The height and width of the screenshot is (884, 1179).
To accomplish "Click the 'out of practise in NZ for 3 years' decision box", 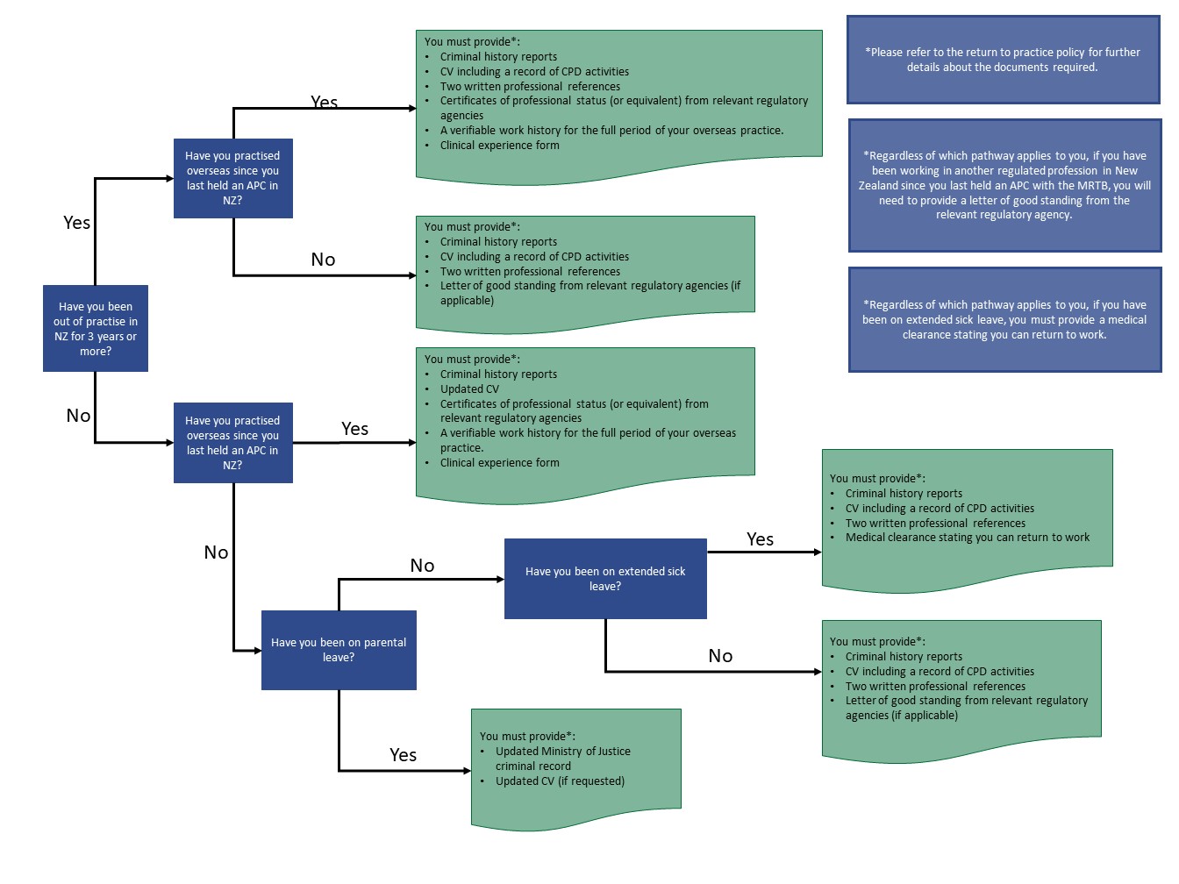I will pyautogui.click(x=96, y=329).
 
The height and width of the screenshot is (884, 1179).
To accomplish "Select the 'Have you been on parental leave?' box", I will pyautogui.click(x=339, y=650).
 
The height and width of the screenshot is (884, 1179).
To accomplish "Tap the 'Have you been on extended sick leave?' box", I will pyautogui.click(x=605, y=579).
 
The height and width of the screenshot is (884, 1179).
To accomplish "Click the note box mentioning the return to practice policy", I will pyautogui.click(x=1003, y=60).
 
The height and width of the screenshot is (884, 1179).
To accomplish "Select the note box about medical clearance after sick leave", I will pyautogui.click(x=1004, y=320).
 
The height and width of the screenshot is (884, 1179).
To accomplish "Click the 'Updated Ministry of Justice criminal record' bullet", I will pyautogui.click(x=562, y=759).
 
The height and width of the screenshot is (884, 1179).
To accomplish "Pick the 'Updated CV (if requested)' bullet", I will pyautogui.click(x=560, y=781).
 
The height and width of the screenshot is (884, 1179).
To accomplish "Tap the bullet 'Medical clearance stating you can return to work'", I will pyautogui.click(x=967, y=538).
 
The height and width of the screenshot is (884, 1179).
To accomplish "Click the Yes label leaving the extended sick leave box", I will pyautogui.click(x=760, y=539).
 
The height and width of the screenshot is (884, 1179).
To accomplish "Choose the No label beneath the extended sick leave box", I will pyautogui.click(x=720, y=656).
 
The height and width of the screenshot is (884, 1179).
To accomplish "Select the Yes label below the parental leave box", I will pyautogui.click(x=403, y=755).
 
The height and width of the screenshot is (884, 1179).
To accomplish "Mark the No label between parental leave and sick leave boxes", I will pyautogui.click(x=422, y=566).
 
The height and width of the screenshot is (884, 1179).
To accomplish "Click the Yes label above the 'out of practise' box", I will pyautogui.click(x=76, y=223).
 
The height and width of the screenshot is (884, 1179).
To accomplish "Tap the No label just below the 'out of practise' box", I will pyautogui.click(x=78, y=416).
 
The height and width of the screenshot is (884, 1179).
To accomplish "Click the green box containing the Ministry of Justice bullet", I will pyautogui.click(x=575, y=767).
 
